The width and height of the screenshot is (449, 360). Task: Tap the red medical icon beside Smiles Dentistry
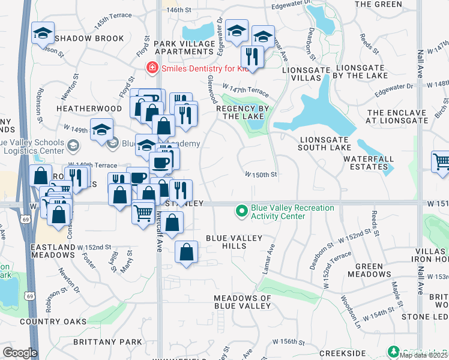[152, 68]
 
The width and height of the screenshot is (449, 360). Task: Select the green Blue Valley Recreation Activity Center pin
[241, 211]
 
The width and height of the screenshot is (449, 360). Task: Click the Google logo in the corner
[19, 353]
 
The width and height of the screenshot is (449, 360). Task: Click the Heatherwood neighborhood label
[89, 108]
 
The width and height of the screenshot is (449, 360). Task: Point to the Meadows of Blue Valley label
[243, 302]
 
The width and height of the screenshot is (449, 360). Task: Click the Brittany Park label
[107, 341]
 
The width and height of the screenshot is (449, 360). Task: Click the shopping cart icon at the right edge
[441, 161]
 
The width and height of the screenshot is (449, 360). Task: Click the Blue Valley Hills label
[234, 242]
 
